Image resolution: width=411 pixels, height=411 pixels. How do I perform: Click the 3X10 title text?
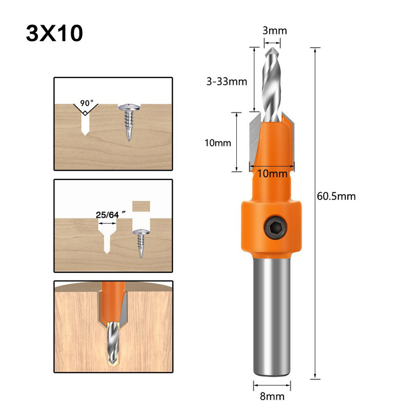(53, 34)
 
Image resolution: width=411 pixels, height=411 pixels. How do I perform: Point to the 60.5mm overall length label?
(337, 196)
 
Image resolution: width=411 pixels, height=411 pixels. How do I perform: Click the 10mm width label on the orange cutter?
(272, 174)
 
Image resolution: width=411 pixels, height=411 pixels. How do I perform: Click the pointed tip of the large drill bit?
(272, 50)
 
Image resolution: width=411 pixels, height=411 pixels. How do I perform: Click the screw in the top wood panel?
(127, 121)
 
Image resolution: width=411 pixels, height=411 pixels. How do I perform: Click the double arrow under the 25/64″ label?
(107, 223)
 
